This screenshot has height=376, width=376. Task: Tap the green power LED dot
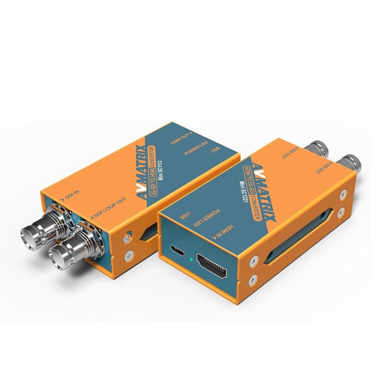tap(191, 260)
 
